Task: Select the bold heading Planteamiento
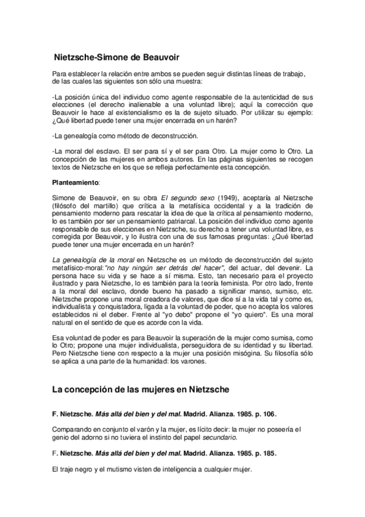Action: coord(74,182)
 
